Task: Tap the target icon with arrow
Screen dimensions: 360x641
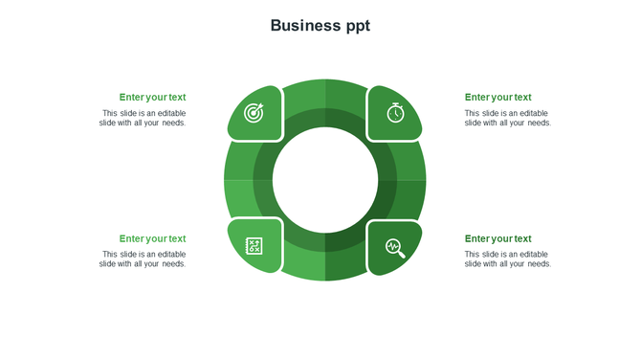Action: (254, 113)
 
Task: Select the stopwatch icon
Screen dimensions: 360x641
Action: (395, 112)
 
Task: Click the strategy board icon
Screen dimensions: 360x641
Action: (254, 247)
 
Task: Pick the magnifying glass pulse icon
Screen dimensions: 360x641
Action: (395, 248)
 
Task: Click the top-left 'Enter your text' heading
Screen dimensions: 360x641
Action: (152, 97)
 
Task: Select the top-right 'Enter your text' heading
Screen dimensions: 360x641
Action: (497, 97)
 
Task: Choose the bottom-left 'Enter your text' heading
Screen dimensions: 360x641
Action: (152, 238)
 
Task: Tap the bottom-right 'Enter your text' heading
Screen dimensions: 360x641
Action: (497, 238)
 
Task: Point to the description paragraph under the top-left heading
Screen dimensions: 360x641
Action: (143, 118)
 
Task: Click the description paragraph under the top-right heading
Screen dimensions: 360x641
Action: (508, 118)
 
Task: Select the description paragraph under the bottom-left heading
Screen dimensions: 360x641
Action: (143, 259)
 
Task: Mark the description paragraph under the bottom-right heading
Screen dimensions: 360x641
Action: (508, 259)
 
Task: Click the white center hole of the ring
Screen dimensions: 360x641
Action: (325, 180)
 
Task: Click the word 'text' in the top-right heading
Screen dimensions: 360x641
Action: (522, 97)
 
